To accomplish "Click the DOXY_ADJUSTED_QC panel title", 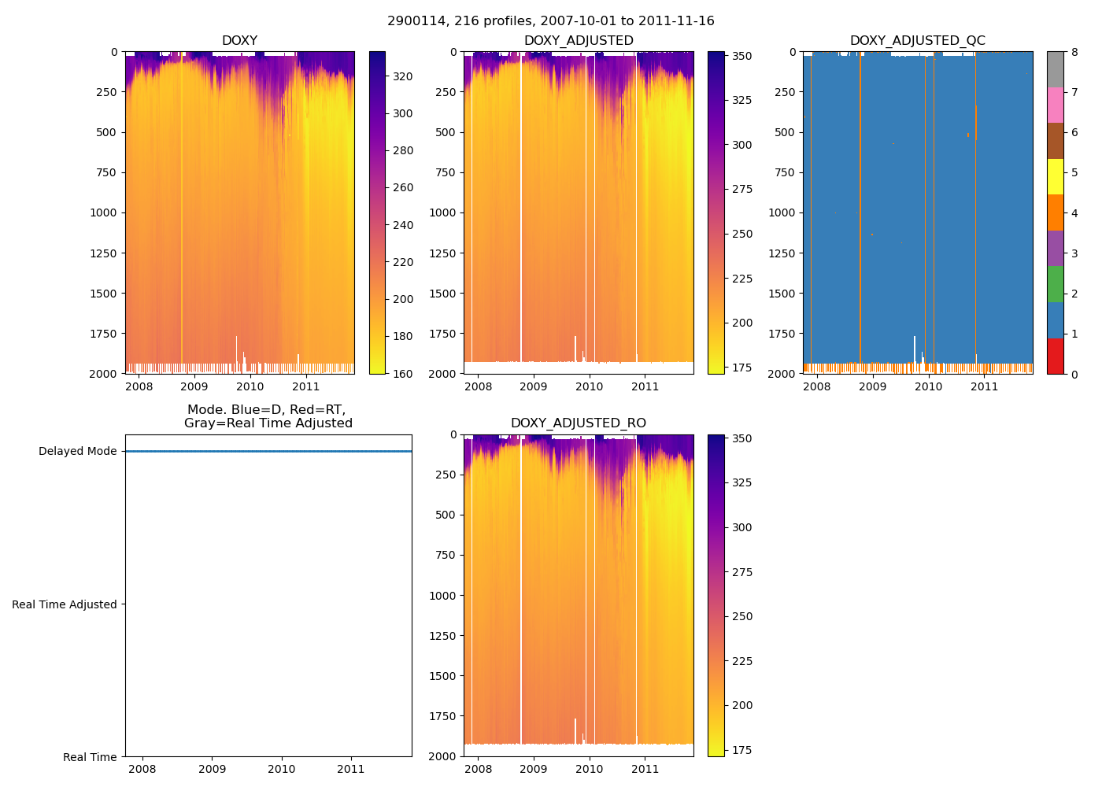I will tap(917, 41).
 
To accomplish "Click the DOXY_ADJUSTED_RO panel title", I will tap(578, 423).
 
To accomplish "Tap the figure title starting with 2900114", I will tap(551, 21).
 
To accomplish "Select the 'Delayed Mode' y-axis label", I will tap(77, 452).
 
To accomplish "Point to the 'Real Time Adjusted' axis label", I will tap(65, 604).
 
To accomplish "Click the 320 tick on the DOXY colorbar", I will tap(403, 76).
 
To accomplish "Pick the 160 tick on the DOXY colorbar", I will tap(403, 374).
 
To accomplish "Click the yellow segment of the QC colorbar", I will tap(1055, 177).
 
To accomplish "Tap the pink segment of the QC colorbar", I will tap(1055, 105).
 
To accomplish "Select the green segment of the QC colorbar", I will tap(1055, 284).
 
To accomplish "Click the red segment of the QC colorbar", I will tap(1055, 356).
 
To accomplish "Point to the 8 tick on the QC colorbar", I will tap(1074, 52).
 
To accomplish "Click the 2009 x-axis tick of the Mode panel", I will tap(212, 769).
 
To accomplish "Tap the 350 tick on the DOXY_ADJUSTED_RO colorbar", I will tap(741, 438).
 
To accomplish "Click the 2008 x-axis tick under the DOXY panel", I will tap(139, 386).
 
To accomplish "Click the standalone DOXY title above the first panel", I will tap(239, 41).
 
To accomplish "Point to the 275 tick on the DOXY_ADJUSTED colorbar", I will tap(741, 190).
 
